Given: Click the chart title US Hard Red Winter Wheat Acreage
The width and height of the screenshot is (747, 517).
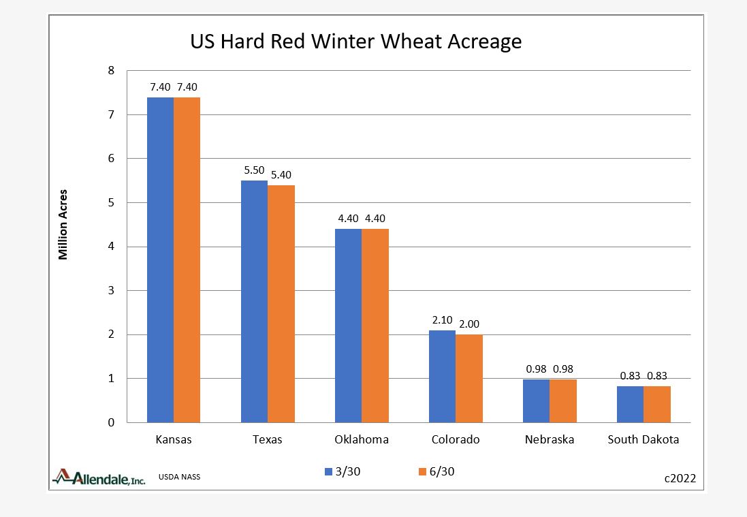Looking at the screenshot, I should [x=355, y=42].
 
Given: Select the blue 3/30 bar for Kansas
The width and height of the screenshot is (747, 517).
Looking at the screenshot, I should [x=161, y=260].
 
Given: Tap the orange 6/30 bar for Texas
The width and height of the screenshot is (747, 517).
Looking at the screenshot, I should [x=281, y=304].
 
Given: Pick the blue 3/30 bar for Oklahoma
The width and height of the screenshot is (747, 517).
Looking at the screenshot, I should [x=348, y=326].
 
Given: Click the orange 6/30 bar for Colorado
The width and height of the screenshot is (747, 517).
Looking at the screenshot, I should [x=468, y=378].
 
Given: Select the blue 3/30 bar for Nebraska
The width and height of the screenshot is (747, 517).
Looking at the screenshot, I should [x=536, y=401].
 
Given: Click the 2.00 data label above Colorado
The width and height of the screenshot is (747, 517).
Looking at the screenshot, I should [x=469, y=324].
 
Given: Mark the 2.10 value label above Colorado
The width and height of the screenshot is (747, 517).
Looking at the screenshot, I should [x=442, y=320].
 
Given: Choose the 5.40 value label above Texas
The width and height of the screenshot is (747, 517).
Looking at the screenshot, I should [x=281, y=174].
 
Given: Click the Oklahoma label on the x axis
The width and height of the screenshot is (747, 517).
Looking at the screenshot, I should [x=362, y=439].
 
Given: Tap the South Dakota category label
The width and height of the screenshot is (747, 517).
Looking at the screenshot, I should [x=643, y=439].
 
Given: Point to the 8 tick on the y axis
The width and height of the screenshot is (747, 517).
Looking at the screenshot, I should [x=111, y=71].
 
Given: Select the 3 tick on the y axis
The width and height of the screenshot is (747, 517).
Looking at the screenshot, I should [x=111, y=291].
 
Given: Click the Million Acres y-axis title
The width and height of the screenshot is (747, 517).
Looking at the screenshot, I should [x=63, y=225].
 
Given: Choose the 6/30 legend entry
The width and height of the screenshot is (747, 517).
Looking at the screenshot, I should [x=433, y=471].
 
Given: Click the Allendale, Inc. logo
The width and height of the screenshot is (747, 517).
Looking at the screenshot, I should [x=99, y=477].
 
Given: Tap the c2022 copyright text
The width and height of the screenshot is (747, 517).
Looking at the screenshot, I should [x=680, y=478].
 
